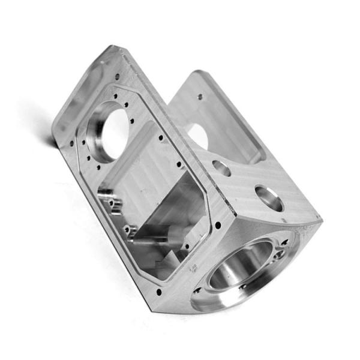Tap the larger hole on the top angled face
tap(268, 197)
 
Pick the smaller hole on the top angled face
tap(221, 168)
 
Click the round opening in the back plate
tap(197, 137)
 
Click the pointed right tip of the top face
tap(321, 221)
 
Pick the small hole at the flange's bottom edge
tap(160, 293)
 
